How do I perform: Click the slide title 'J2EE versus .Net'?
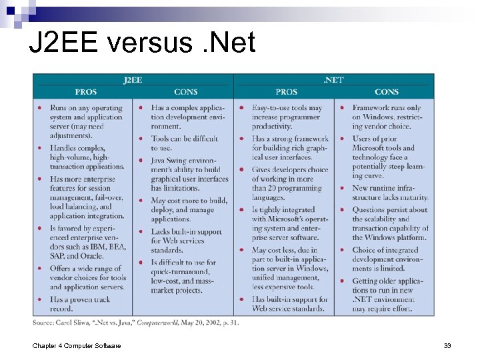142,43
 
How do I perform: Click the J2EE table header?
133,80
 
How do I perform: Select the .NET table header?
333,80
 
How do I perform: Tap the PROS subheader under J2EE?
85,92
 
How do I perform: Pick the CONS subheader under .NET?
387,92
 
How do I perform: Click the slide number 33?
447,345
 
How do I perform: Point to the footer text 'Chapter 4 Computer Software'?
77,345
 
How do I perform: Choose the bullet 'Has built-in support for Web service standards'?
289,304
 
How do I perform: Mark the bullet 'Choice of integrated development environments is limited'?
387,259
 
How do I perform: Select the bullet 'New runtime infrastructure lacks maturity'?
390,193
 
